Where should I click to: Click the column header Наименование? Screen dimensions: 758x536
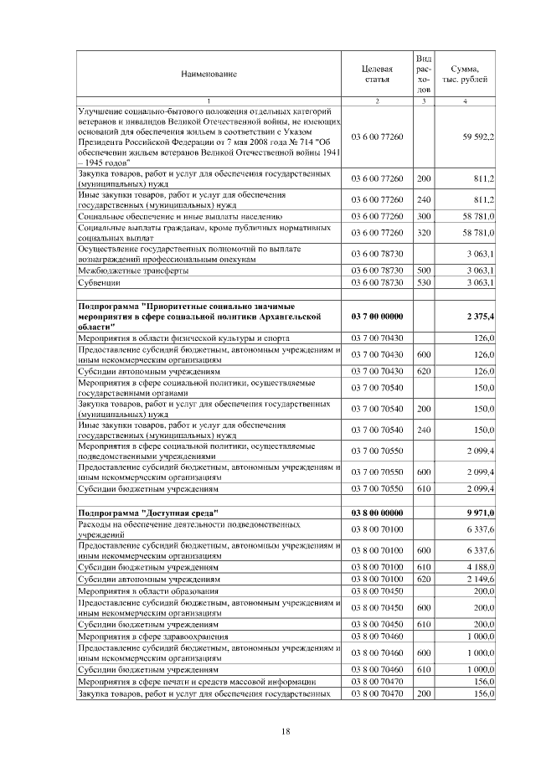tap(209, 75)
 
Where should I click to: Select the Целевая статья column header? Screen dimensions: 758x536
tap(377, 75)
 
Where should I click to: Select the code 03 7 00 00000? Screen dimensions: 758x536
tap(377, 316)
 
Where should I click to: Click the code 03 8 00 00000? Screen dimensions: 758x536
tap(377, 512)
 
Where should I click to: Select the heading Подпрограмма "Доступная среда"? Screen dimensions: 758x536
tap(147, 512)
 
